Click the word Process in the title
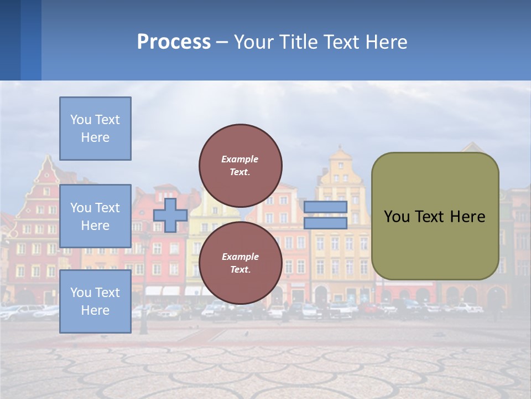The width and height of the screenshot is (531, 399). [x=174, y=42]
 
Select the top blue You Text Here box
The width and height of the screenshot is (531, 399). [x=95, y=129]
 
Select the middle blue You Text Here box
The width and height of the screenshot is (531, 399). [x=95, y=216]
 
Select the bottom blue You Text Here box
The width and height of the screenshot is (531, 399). [x=95, y=301]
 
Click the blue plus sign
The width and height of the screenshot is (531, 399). [x=170, y=215]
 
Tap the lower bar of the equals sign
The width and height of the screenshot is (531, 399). [x=325, y=223]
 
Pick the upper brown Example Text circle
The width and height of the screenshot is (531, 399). [x=241, y=165]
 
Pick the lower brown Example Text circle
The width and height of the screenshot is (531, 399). [x=241, y=263]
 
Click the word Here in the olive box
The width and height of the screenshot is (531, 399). [x=467, y=217]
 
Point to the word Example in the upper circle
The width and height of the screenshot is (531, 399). [x=240, y=159]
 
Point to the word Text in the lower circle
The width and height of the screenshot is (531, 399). [x=240, y=270]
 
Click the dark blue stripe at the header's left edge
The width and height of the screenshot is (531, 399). [x=10, y=40]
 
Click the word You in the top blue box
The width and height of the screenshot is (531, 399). [x=81, y=120]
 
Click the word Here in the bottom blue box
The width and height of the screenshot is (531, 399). [x=95, y=310]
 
